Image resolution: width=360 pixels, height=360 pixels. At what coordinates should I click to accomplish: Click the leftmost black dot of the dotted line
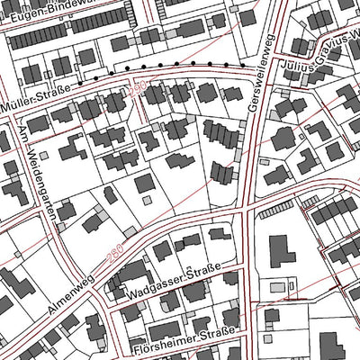click(77, 81)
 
